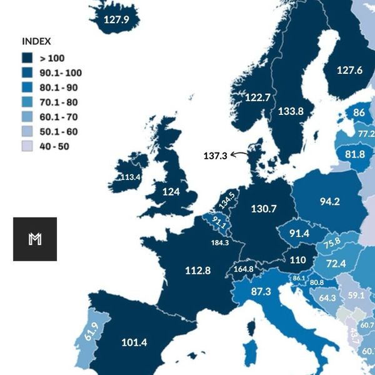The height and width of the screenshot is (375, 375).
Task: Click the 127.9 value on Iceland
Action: tap(116, 20)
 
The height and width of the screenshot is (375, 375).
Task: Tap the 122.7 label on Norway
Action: tap(257, 97)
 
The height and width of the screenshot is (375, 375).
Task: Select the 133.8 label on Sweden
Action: tap(291, 111)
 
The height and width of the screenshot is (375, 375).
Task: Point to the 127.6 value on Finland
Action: tap(349, 70)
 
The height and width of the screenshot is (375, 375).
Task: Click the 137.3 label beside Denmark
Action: tap(215, 155)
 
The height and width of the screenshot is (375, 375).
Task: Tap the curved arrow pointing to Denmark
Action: tap(239, 154)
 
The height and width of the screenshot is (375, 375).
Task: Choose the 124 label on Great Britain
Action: tap(171, 191)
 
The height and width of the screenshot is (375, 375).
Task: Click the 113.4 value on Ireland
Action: tap(130, 177)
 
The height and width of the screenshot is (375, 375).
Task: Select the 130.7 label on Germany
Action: tap(263, 208)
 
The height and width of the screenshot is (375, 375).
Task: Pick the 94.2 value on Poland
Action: tap(329, 201)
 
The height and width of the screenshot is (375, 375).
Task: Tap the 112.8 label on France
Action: tap(197, 270)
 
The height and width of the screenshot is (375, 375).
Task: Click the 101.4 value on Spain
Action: tap(134, 342)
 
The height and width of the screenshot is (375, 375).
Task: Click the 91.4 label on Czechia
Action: tap(299, 233)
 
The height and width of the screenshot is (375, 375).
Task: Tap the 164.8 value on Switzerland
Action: tap(243, 269)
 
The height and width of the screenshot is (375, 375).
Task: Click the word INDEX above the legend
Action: tap(36, 41)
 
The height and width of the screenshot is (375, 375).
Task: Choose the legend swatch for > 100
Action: tap(27, 57)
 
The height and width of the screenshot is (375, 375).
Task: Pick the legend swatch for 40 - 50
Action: tap(27, 147)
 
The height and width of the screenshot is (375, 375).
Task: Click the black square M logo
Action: tap(35, 239)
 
